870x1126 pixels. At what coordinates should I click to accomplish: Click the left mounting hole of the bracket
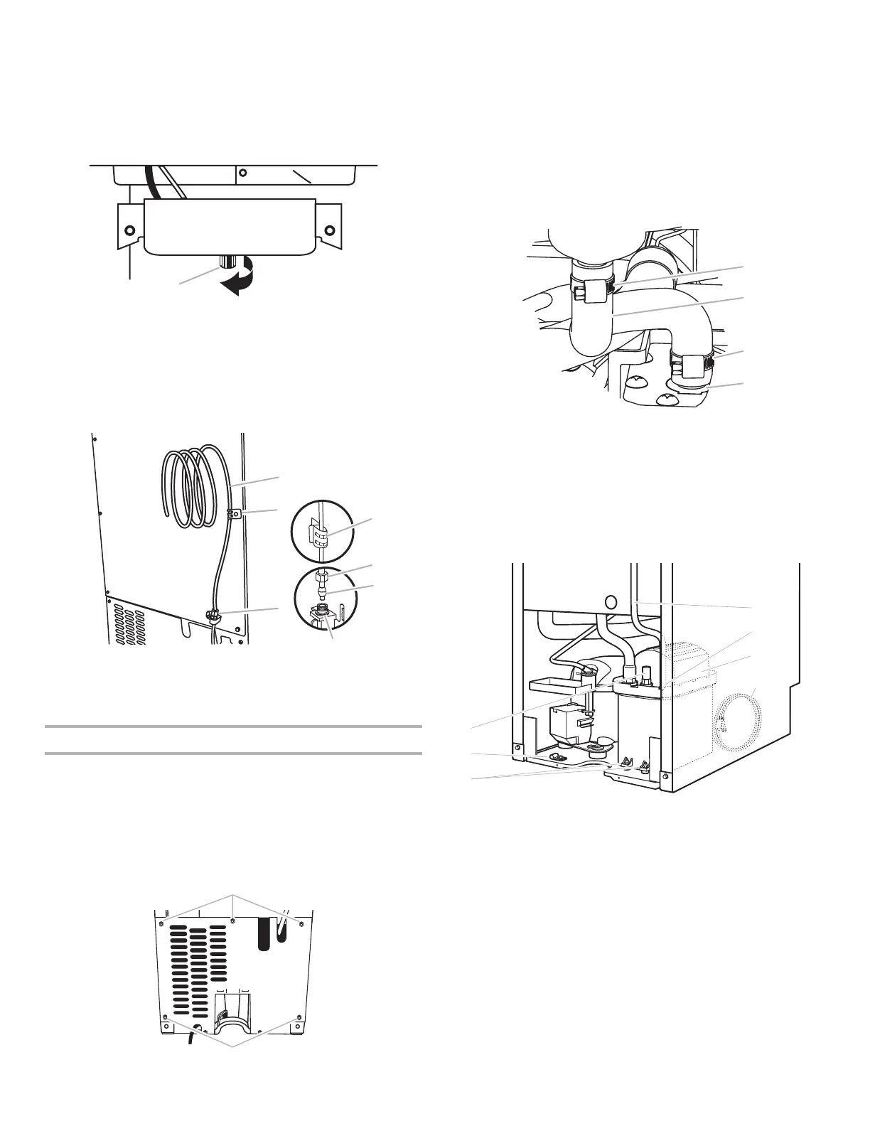click(x=129, y=230)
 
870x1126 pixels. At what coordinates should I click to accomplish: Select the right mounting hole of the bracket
click(x=328, y=230)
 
